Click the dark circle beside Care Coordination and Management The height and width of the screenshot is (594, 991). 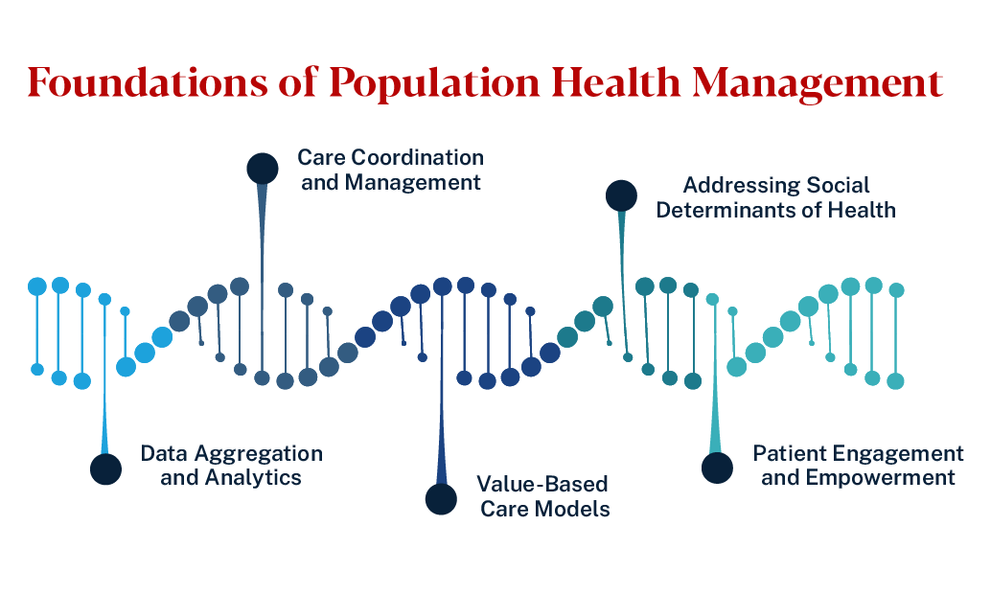coord(263,169)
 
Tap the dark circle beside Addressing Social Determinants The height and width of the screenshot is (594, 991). coord(621,196)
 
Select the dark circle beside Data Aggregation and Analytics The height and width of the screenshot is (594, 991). coord(105,469)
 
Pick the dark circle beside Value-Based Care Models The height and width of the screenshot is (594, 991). coord(441,499)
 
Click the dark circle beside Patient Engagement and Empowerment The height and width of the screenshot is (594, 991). coord(717,468)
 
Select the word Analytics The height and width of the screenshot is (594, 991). coord(257,477)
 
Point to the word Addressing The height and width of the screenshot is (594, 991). coord(734,185)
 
